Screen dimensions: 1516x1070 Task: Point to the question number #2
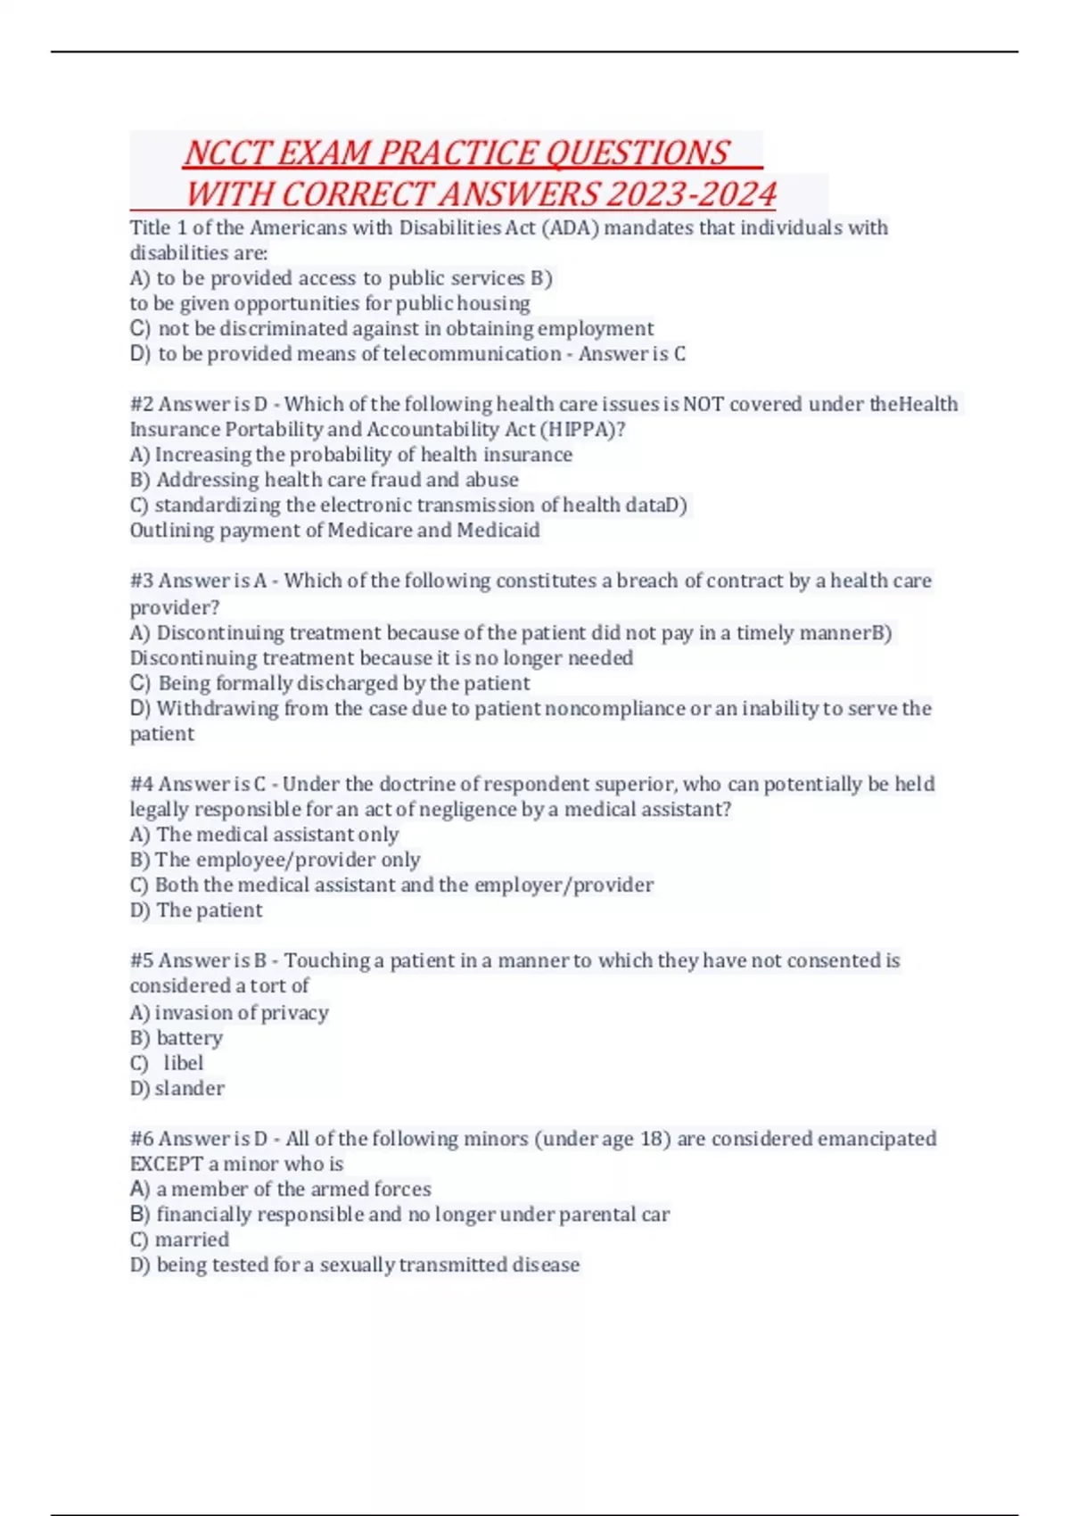[142, 404]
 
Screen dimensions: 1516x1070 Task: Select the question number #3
[142, 581]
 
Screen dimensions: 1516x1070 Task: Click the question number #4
[142, 784]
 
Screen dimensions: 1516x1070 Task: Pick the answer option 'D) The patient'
[196, 910]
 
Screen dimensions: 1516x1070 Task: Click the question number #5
[142, 960]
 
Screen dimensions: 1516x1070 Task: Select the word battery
[189, 1038]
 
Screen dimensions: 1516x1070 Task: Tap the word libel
[183, 1063]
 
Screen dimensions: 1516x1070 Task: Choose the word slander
[189, 1089]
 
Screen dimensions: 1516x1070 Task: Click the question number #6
[142, 1139]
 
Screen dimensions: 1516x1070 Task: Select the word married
[192, 1240]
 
